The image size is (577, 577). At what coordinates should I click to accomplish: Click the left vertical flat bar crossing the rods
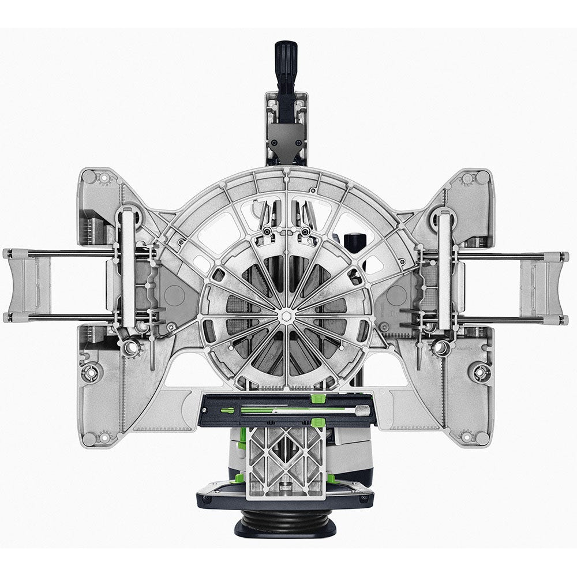coord(128,271)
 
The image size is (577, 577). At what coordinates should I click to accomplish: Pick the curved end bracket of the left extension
coord(23,286)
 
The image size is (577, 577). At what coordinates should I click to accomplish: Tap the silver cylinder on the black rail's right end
coord(362,410)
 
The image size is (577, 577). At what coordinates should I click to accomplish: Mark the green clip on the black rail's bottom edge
coord(317,424)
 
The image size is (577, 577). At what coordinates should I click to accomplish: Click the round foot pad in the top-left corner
coord(104,178)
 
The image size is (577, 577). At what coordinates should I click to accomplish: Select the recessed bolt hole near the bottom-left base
coord(91,372)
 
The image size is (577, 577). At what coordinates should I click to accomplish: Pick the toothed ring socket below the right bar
coord(441,348)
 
